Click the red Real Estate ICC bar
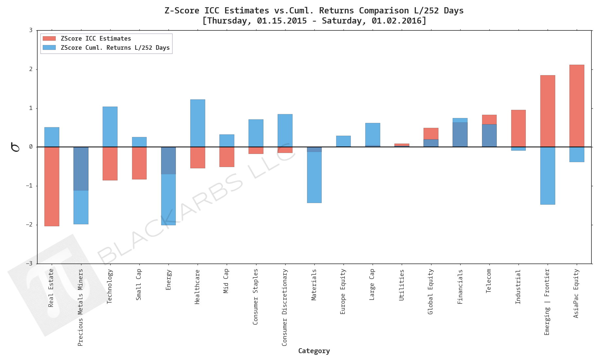click(x=52, y=187)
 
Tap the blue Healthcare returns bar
click(x=198, y=123)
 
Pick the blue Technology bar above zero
click(x=110, y=127)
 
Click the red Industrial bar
click(x=518, y=128)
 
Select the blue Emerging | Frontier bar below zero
click(x=547, y=176)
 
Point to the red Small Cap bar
click(x=139, y=163)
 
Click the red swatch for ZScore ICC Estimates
click(x=49, y=39)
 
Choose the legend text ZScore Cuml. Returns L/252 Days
click(x=115, y=48)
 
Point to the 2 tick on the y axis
click(x=31, y=69)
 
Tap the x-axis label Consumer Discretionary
click(x=285, y=307)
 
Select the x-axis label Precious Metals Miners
click(x=80, y=307)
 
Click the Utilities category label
click(x=401, y=285)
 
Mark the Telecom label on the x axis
click(x=489, y=281)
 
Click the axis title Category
click(x=314, y=351)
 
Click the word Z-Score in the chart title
click(x=182, y=10)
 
